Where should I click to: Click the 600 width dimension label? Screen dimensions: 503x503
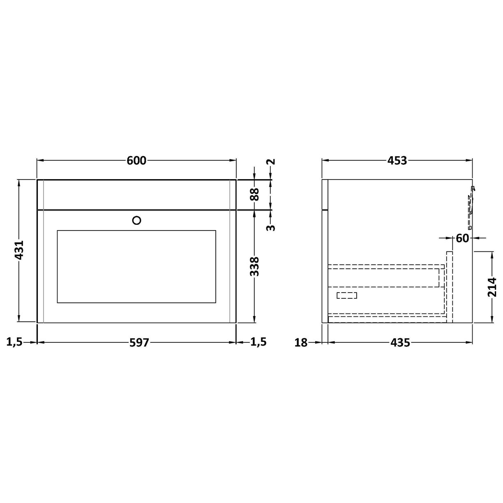click(136, 161)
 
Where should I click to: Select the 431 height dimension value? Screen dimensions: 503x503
click(19, 251)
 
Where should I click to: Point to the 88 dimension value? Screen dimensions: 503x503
click(255, 194)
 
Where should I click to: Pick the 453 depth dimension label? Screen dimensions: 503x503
click(397, 161)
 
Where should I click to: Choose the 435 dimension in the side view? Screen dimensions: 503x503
click(400, 342)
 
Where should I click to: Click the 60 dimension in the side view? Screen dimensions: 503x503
click(462, 238)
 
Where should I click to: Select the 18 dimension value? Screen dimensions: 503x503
click(301, 342)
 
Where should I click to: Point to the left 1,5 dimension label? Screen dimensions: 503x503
click(14, 342)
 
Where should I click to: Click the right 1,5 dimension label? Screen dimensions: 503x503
click(258, 342)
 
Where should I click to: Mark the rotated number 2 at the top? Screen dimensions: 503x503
click(270, 161)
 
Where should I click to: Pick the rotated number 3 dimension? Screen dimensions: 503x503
click(270, 227)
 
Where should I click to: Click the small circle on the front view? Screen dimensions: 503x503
click(137, 220)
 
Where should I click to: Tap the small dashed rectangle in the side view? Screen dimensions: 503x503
click(347, 295)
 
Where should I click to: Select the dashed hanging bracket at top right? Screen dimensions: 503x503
click(471, 207)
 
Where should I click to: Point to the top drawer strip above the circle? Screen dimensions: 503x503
click(136, 195)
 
